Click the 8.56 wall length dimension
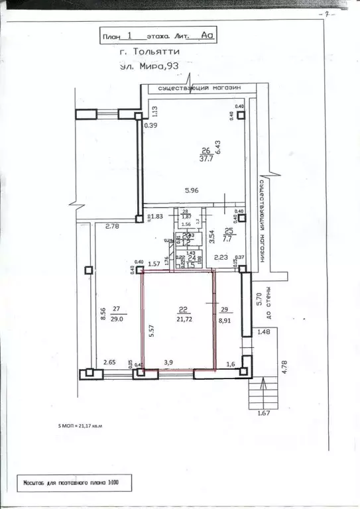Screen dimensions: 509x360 click(103, 313)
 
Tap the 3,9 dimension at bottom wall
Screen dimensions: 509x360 click(169, 362)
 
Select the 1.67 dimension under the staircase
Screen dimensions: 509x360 click(264, 415)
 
